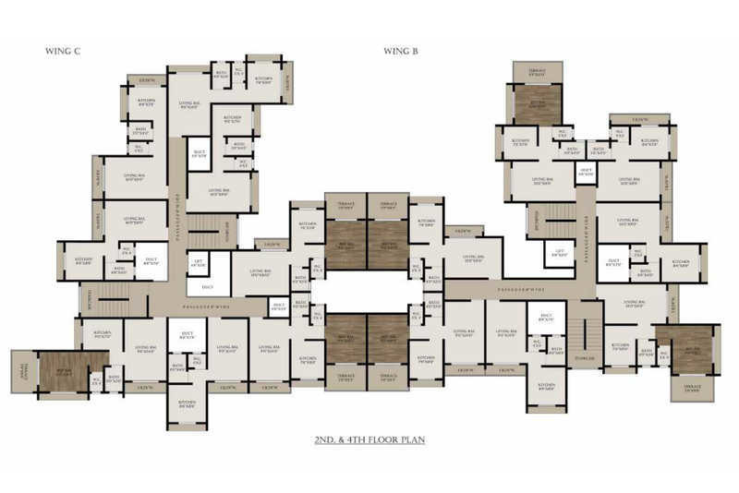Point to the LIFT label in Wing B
click(x=558, y=253)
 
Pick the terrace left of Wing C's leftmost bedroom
click(x=22, y=369)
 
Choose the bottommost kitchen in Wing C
click(x=188, y=403)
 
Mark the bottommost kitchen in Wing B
click(x=546, y=391)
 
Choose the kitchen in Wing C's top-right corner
click(x=263, y=79)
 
